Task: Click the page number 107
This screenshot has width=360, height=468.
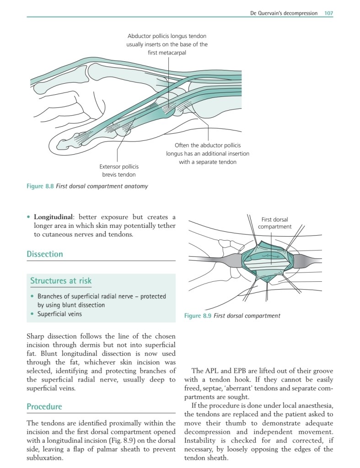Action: pyautogui.click(x=328, y=13)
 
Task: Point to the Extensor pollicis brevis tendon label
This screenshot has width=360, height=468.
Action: pyautogui.click(x=118, y=170)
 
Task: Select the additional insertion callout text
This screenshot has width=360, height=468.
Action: pyautogui.click(x=207, y=154)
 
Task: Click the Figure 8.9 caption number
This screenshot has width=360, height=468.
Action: pyautogui.click(x=198, y=316)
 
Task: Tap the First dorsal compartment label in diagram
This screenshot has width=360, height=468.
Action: pyautogui.click(x=274, y=223)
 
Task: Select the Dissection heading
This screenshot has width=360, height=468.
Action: pyautogui.click(x=45, y=254)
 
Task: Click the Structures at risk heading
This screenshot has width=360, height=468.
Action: pyautogui.click(x=61, y=280)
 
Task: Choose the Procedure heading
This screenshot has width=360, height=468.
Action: pyautogui.click(x=44, y=407)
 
